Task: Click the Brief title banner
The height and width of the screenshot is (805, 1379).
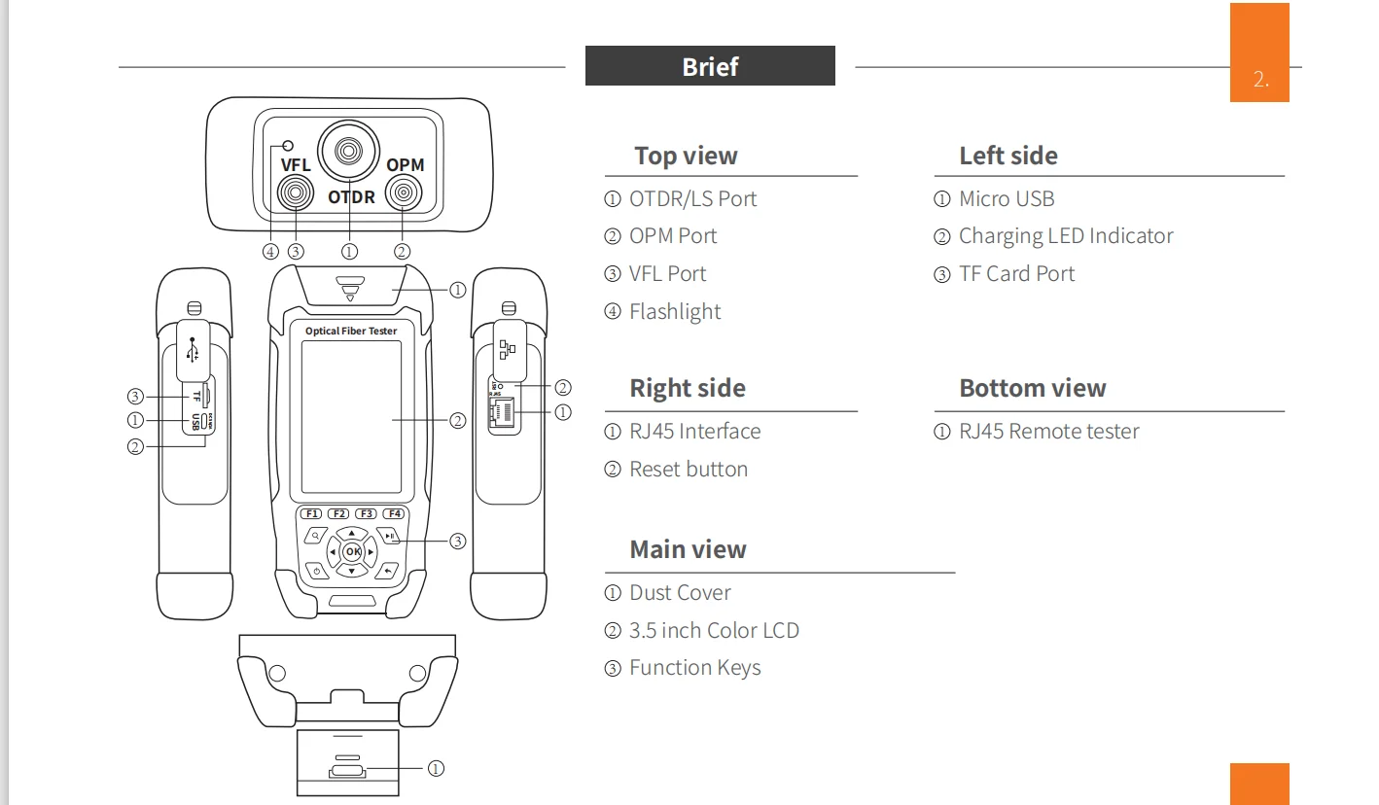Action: [x=710, y=66]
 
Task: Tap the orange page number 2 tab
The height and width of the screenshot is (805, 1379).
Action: [x=1259, y=80]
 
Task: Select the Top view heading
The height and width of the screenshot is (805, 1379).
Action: [x=686, y=156]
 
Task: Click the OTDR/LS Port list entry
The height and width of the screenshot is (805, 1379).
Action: [x=692, y=199]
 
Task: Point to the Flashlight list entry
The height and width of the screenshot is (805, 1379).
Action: [x=675, y=312]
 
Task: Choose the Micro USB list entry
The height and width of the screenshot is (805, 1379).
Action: [x=1007, y=199]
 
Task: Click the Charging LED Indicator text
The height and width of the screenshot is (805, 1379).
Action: [x=1066, y=236]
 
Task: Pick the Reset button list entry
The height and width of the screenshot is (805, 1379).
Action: [x=689, y=470]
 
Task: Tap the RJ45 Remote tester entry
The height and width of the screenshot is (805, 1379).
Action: [x=1048, y=432]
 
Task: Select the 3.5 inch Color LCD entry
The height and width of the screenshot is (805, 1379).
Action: [x=714, y=631]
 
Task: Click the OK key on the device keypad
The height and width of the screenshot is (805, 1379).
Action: [x=352, y=552]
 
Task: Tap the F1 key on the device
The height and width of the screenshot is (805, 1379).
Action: [x=311, y=513]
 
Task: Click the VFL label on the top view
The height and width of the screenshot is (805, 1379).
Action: [x=296, y=165]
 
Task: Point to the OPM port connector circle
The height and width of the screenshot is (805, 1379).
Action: [x=403, y=194]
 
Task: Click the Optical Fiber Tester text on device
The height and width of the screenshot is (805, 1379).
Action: [x=351, y=332]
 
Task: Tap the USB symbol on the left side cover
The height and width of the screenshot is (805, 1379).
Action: [x=194, y=350]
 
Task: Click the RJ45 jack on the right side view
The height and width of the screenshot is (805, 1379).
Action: [x=503, y=412]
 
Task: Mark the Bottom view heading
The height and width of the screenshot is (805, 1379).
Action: [x=1033, y=389]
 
